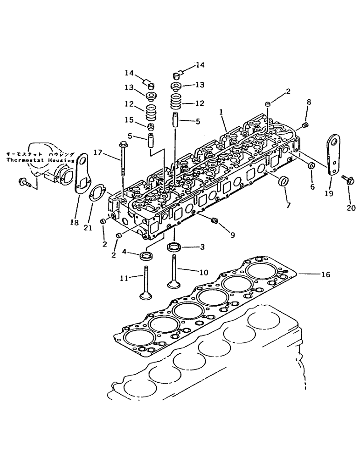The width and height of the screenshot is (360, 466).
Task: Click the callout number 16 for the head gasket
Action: (x=325, y=275)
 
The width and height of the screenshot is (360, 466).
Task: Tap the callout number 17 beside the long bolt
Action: (x=97, y=151)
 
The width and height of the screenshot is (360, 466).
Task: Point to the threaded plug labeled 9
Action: (x=215, y=220)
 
